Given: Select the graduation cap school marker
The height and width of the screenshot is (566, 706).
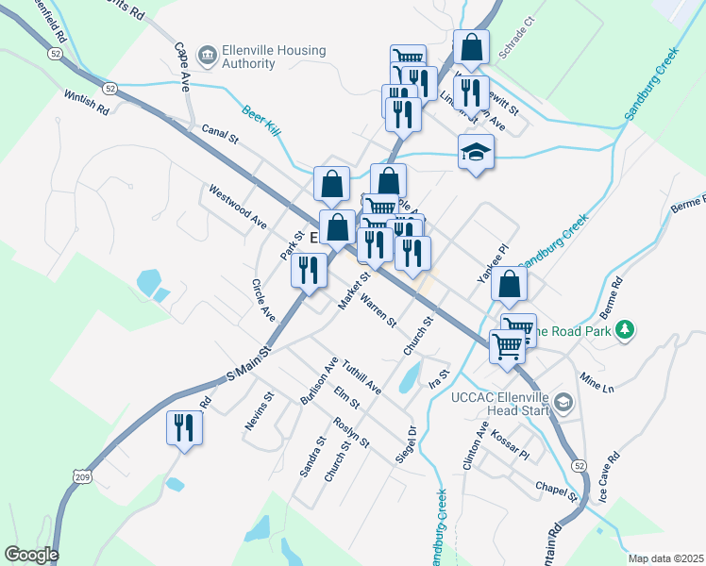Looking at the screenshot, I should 476,151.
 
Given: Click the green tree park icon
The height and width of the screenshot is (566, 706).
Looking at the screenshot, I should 624,329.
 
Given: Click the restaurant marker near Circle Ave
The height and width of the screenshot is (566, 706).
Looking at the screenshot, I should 309,271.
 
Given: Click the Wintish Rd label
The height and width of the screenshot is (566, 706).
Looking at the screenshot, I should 87,103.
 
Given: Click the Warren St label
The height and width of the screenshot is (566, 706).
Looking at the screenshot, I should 379,312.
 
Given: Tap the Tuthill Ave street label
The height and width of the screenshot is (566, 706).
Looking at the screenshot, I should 361,375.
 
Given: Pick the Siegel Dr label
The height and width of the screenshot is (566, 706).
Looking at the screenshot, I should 410,444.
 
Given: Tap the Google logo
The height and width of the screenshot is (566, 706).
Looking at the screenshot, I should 31,555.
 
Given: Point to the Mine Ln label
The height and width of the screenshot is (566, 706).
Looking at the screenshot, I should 597,384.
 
